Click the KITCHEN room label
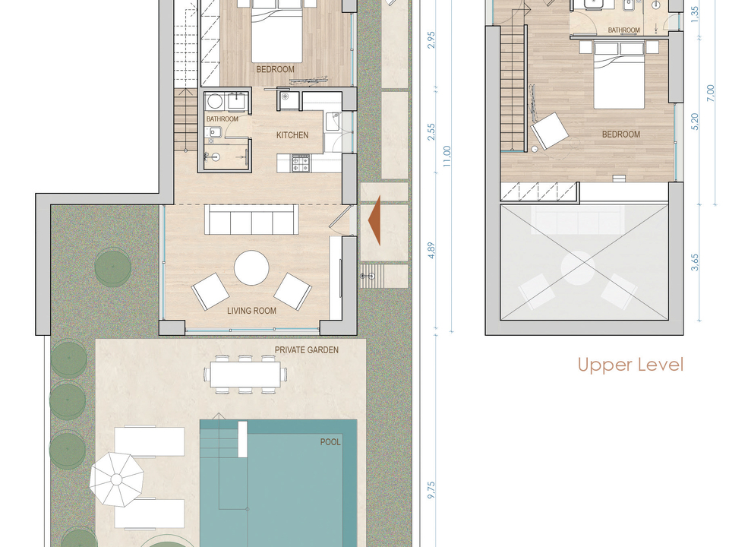(292, 135)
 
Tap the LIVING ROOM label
(251, 311)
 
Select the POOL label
(330, 442)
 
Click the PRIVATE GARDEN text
(306, 349)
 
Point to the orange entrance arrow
(374, 220)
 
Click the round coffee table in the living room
(251, 268)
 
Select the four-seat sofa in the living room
(251, 220)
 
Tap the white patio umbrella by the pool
(116, 479)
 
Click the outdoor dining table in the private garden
(245, 375)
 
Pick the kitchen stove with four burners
(300, 164)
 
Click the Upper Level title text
(630, 365)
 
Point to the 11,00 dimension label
(447, 157)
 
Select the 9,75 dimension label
(431, 491)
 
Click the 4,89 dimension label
(431, 250)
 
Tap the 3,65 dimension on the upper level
(695, 263)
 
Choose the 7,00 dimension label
(710, 93)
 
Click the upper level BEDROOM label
(621, 134)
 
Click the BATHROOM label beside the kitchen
(222, 119)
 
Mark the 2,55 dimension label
(431, 131)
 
